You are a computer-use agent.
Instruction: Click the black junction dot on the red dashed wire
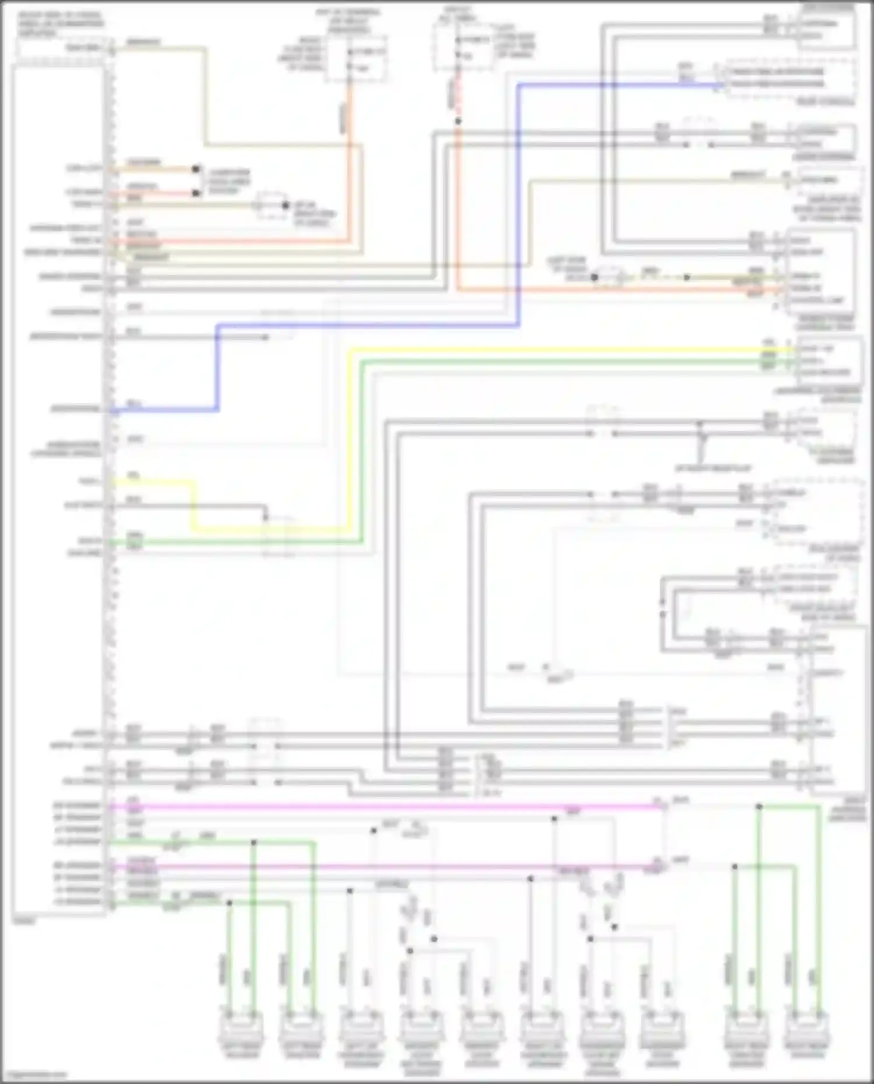(458, 121)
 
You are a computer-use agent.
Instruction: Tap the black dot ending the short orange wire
(196, 170)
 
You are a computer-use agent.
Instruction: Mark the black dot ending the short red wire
(196, 193)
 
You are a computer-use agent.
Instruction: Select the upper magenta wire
(385, 807)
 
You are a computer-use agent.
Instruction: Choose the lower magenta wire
(385, 867)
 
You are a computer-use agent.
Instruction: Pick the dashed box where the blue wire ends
(790, 79)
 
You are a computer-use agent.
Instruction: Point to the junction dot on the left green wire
(253, 842)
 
